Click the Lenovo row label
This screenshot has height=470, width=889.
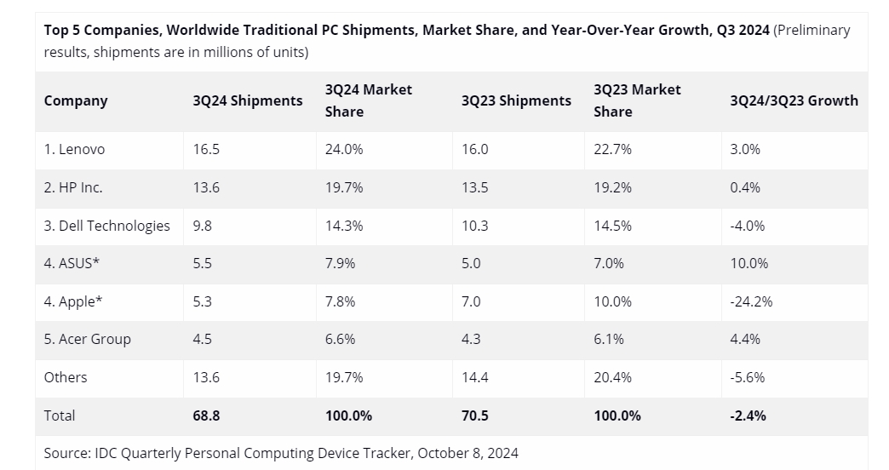pos(74,149)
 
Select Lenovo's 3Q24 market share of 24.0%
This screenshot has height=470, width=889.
pos(344,149)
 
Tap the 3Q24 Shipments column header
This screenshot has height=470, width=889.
pos(248,100)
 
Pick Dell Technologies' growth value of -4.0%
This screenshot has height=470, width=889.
pos(748,226)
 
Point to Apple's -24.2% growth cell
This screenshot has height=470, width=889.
pos(751,301)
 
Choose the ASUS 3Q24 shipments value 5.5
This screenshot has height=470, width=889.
pos(204,263)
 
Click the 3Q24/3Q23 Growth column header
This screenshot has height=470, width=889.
pos(794,100)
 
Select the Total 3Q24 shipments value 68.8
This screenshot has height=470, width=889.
pos(207,416)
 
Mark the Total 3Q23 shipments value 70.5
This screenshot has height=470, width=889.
pos(475,416)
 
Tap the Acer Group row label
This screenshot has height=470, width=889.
pos(88,339)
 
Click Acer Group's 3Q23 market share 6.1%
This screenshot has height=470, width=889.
pos(609,339)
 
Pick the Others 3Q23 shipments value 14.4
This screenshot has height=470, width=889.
pos(475,377)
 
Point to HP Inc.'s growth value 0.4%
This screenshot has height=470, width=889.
pos(745,187)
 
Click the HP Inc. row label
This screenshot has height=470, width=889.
pos(73,187)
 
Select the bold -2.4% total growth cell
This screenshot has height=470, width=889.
pos(748,416)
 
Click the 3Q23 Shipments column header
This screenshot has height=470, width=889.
pos(516,100)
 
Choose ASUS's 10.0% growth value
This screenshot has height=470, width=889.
pos(749,263)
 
